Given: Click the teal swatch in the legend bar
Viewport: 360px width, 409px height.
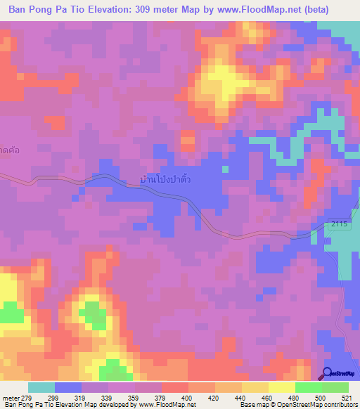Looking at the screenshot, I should tap(41, 387).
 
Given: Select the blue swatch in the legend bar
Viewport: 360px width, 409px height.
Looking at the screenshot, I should tap(67, 387).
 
